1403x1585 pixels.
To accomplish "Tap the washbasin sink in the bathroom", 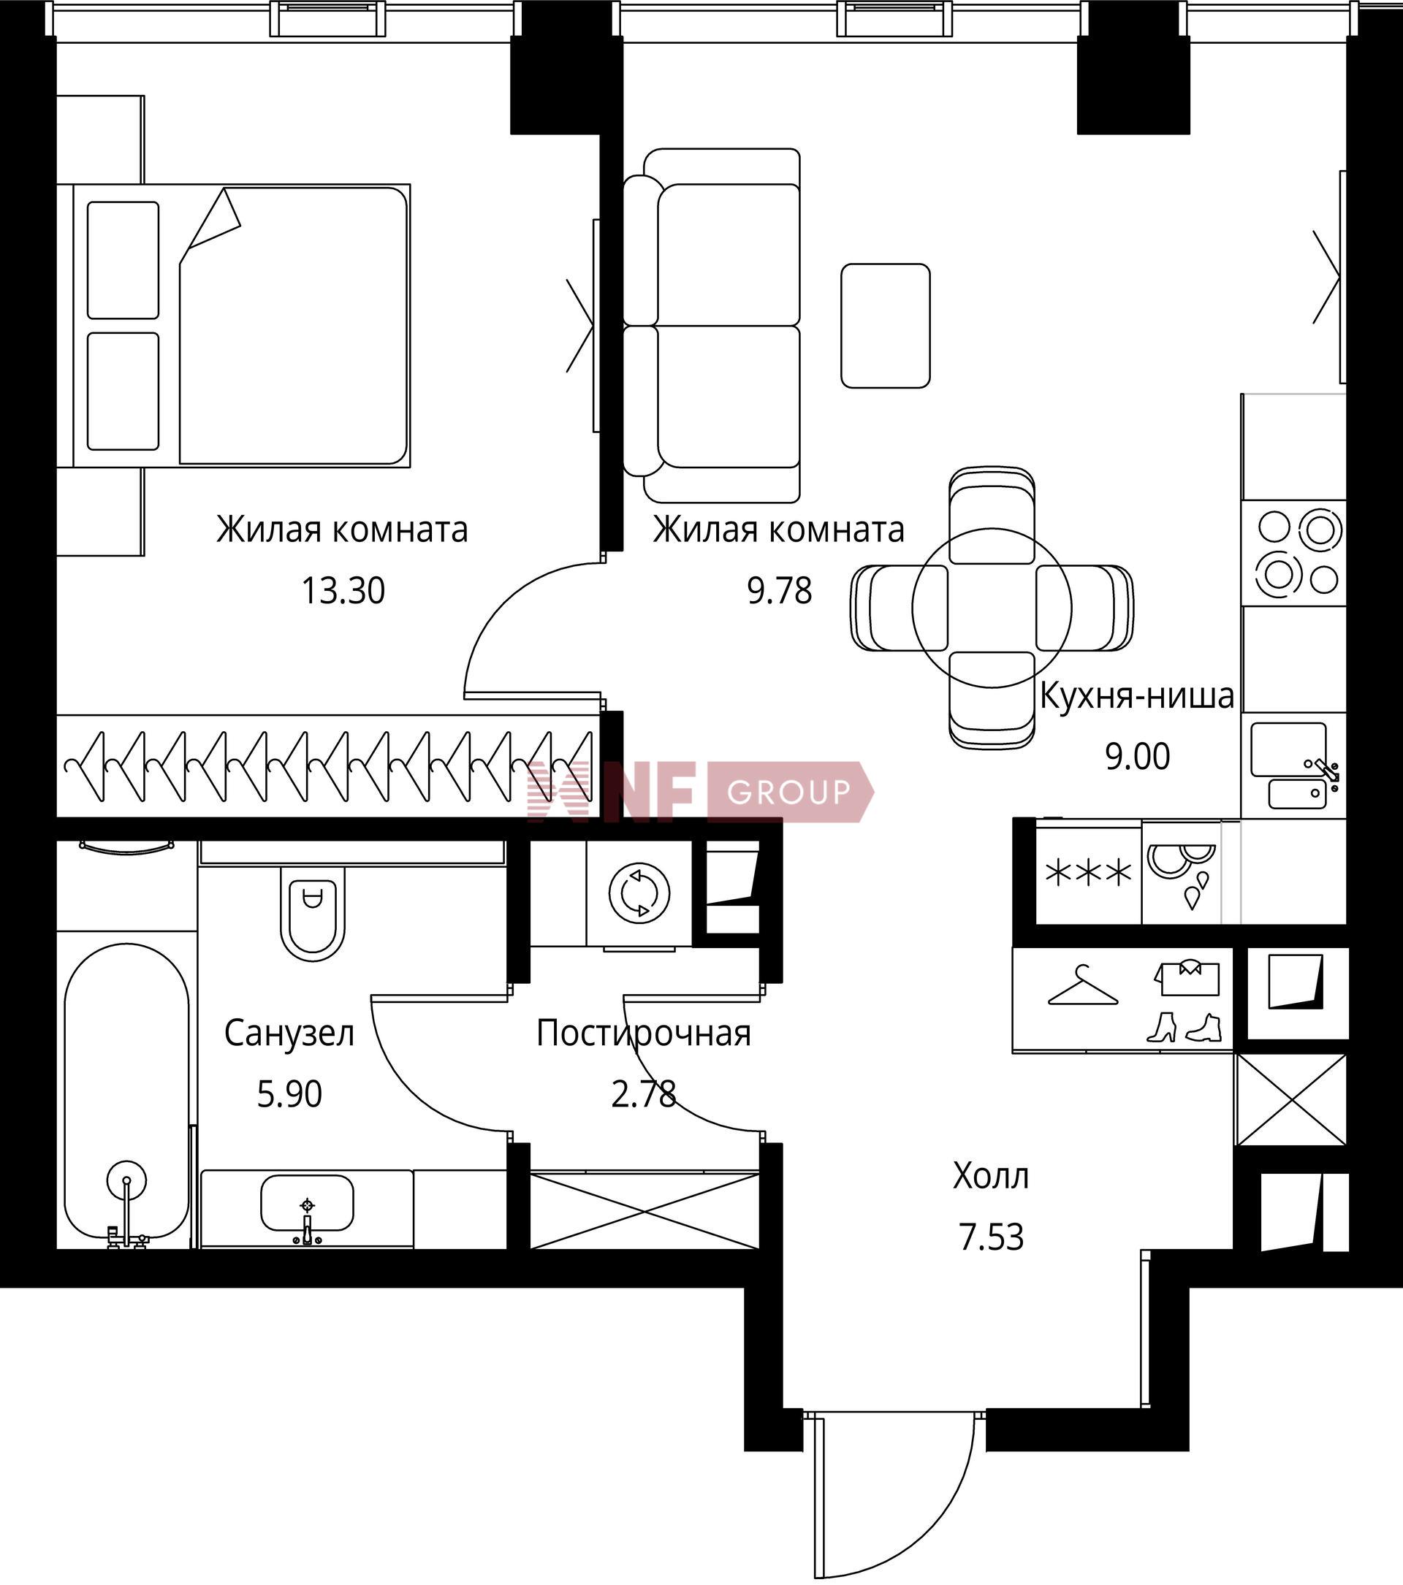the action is point(307,1203).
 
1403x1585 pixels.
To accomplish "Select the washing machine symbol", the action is point(639,893).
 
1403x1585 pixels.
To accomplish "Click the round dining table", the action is point(991,608).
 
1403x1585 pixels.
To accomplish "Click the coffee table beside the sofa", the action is point(886,326).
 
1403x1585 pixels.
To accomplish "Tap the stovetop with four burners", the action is point(1293,552).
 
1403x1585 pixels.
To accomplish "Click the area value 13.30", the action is point(343,591).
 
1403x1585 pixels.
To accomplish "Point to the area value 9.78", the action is point(780,591).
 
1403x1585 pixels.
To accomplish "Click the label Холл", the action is point(990,1177).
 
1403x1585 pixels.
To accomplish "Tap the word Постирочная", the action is point(644,1034).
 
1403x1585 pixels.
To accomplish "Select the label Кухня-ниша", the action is point(1136,695).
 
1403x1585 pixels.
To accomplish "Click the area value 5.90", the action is point(289,1094).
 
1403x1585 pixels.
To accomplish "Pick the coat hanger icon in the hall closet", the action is point(1083,986).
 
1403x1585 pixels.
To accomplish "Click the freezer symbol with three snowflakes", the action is point(1089,874).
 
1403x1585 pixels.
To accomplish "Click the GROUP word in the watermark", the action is point(788,792).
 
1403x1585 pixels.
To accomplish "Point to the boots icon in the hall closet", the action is point(1185,1028).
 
